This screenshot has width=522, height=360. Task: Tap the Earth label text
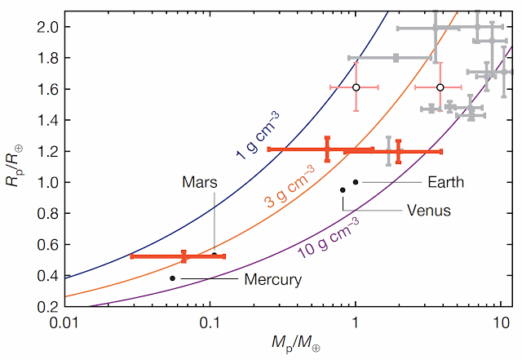[x=445, y=182]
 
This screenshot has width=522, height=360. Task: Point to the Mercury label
[x=273, y=279]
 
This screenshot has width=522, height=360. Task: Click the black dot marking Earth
[x=356, y=181]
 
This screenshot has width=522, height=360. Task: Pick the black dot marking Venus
[x=343, y=190]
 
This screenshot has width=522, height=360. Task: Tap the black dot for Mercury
[x=172, y=278]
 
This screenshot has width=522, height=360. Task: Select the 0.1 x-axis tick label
[x=210, y=322]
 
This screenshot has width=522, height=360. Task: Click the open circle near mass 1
[x=356, y=87]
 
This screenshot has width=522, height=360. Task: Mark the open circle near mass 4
[x=440, y=87]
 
